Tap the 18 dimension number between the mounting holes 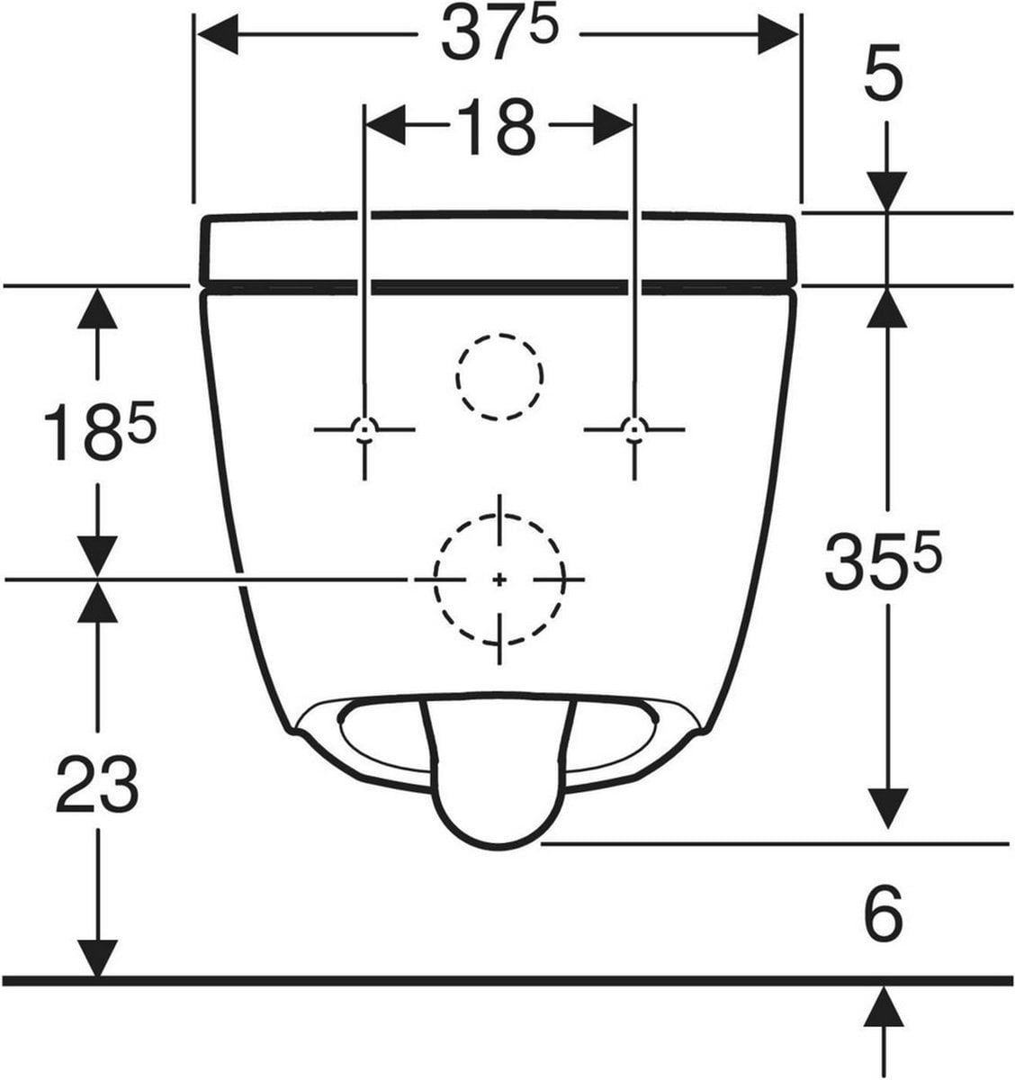pos(496,127)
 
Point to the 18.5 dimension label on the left pos(100,431)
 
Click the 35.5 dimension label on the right pos(883,562)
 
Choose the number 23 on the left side pos(97,784)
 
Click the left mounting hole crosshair pos(364,430)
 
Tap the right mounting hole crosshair pos(633,430)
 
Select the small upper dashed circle pos(499,334)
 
